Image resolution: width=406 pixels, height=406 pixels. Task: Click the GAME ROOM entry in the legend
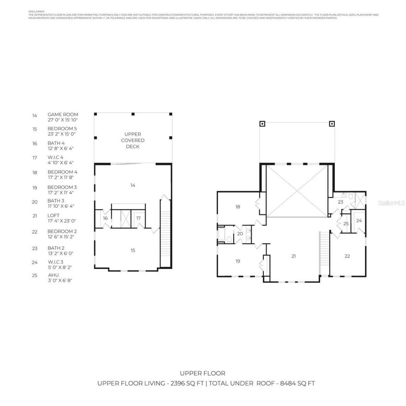pyautogui.click(x=62, y=115)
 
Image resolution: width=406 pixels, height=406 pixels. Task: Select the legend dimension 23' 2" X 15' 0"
pyautogui.click(x=62, y=134)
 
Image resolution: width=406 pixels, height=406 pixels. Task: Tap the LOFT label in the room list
pyautogui.click(x=53, y=216)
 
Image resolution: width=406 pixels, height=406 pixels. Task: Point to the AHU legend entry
pyautogui.click(x=53, y=275)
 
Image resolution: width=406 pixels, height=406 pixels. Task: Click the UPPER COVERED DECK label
pyautogui.click(x=133, y=140)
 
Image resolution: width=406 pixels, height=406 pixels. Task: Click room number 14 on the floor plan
pyautogui.click(x=133, y=185)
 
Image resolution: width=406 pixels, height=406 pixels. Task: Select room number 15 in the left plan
pyautogui.click(x=133, y=250)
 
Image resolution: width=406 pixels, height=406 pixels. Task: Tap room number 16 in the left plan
pyautogui.click(x=105, y=218)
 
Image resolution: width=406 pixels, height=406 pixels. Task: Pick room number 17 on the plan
pyautogui.click(x=138, y=218)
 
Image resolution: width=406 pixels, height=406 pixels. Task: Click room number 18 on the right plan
pyautogui.click(x=238, y=207)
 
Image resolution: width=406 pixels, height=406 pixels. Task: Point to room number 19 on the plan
pyautogui.click(x=238, y=261)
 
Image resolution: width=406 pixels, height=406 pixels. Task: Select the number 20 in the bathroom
pyautogui.click(x=240, y=234)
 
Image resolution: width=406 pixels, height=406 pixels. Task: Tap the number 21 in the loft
pyautogui.click(x=293, y=256)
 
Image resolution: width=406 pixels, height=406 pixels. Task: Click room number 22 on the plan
pyautogui.click(x=347, y=256)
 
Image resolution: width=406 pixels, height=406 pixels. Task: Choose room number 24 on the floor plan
pyautogui.click(x=359, y=221)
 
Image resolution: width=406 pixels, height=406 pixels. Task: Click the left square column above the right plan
pyautogui.click(x=262, y=124)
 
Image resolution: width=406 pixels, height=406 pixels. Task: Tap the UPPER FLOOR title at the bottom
pyautogui.click(x=203, y=373)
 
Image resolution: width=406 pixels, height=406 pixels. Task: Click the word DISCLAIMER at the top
pyautogui.click(x=36, y=11)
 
